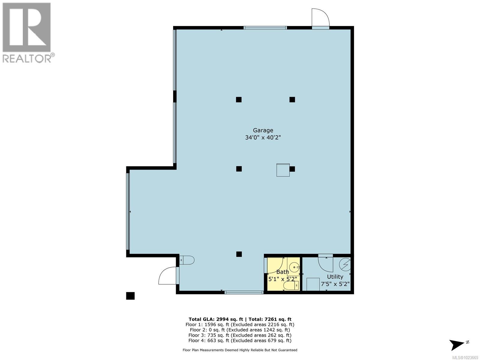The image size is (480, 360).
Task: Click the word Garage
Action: tap(263, 130)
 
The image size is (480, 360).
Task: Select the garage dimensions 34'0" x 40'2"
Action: tap(263, 138)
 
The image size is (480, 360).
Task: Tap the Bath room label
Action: tap(283, 272)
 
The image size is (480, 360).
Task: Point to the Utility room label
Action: tap(335, 277)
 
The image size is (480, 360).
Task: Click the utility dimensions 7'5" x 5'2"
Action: tap(335, 284)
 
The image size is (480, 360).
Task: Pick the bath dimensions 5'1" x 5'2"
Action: tap(283, 279)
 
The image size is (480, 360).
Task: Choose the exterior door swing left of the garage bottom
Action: tap(167, 276)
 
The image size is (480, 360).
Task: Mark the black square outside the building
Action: tap(130, 296)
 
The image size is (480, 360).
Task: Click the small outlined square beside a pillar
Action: tap(283, 170)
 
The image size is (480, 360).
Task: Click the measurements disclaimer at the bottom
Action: tap(240, 350)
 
